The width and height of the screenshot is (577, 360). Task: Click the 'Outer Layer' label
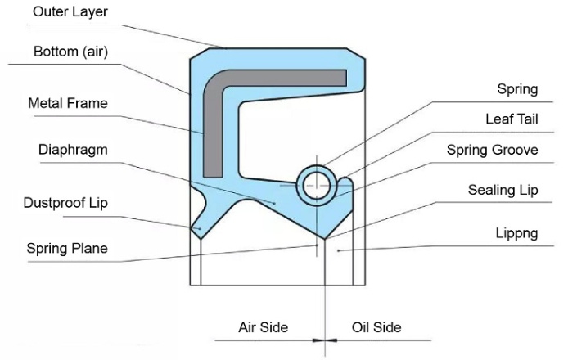tap(70, 12)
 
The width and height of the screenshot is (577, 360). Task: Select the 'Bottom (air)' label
tap(71, 52)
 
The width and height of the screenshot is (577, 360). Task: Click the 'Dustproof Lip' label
tap(65, 202)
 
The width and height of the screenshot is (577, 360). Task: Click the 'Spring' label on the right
tap(517, 88)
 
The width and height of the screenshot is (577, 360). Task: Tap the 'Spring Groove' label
tap(493, 151)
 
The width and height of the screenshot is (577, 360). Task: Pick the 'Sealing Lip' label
tap(503, 191)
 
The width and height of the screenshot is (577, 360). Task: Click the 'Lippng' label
tap(516, 232)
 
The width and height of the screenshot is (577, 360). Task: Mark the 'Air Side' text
tap(263, 327)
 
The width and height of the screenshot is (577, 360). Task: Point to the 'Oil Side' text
tap(376, 327)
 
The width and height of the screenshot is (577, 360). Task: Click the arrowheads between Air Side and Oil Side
tap(325, 339)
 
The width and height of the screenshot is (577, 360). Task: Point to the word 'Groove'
tap(516, 151)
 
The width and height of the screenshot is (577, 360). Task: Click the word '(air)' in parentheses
tap(93, 52)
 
